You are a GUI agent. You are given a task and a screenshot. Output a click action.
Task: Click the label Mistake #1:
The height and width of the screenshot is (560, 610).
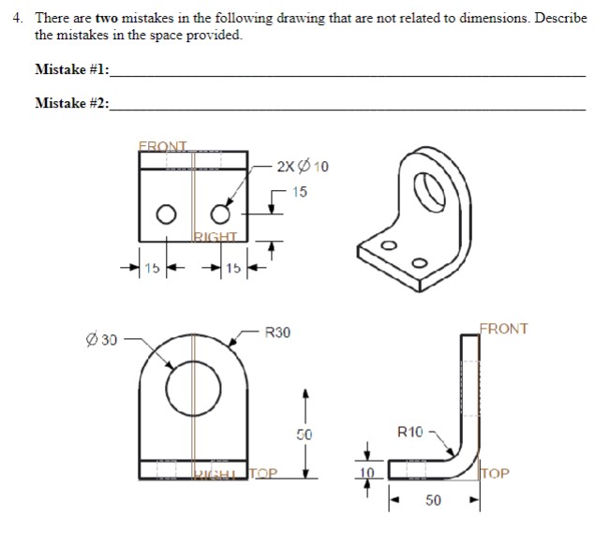pyautogui.click(x=71, y=69)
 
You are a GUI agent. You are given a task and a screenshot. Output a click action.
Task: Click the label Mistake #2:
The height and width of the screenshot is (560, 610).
pyautogui.click(x=71, y=103)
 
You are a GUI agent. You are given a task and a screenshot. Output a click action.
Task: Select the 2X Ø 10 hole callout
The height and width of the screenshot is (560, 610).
pyautogui.click(x=303, y=167)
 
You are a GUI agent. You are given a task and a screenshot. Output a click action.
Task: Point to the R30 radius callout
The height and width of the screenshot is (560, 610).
pyautogui.click(x=277, y=332)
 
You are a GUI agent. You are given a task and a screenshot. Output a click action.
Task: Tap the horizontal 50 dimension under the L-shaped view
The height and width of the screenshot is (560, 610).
pyautogui.click(x=433, y=501)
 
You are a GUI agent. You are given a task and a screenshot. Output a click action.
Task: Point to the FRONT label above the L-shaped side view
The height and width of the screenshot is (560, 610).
pyautogui.click(x=503, y=329)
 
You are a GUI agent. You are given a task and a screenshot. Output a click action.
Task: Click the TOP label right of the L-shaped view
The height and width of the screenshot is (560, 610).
pyautogui.click(x=498, y=474)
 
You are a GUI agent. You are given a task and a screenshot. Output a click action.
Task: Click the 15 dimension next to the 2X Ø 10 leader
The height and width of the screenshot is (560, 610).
pyautogui.click(x=298, y=192)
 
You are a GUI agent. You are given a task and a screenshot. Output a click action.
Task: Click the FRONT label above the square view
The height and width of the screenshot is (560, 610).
pyautogui.click(x=163, y=145)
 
